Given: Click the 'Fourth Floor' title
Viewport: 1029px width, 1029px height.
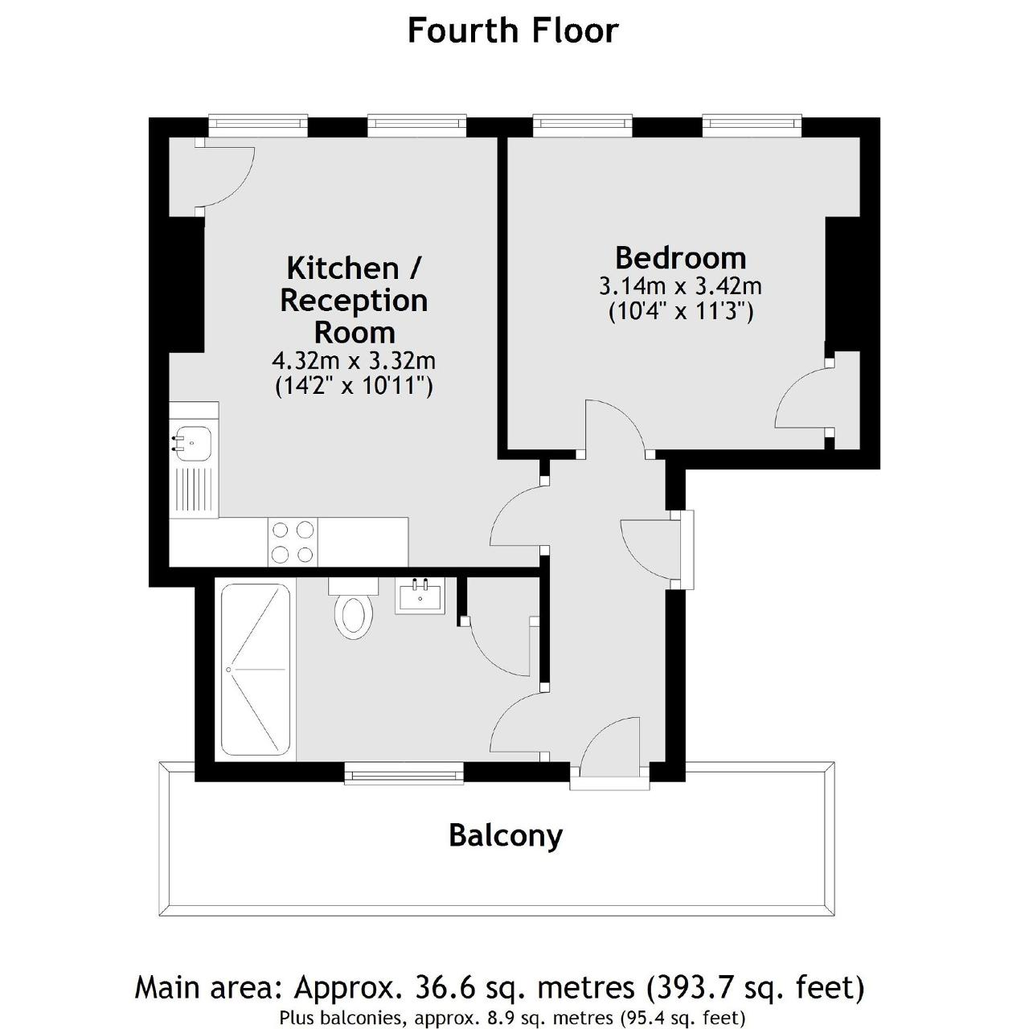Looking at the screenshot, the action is pyautogui.click(x=513, y=31).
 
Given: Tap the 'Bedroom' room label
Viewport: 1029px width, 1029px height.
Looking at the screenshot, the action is pyautogui.click(x=680, y=258).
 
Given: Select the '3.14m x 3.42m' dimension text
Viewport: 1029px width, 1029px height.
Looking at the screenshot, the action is pyautogui.click(x=680, y=287).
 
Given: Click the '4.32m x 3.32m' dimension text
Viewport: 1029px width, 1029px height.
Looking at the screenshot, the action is pyautogui.click(x=354, y=361).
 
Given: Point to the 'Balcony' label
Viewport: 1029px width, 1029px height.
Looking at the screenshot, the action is pyautogui.click(x=506, y=836).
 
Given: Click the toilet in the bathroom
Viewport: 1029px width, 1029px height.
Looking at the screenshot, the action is pyautogui.click(x=353, y=609).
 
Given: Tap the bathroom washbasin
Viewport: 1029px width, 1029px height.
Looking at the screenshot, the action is pyautogui.click(x=420, y=596).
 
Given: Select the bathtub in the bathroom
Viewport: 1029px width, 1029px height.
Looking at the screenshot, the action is pyautogui.click(x=256, y=670).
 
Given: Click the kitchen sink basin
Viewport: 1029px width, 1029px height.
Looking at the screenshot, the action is pyautogui.click(x=194, y=442).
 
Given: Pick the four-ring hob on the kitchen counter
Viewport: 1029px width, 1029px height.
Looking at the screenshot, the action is pyautogui.click(x=293, y=542).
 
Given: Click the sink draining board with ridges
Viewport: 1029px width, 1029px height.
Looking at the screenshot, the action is pyautogui.click(x=194, y=490).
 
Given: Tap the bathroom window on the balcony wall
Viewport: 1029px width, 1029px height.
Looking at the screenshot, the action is pyautogui.click(x=404, y=773).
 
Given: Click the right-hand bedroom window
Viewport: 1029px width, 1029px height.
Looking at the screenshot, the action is pyautogui.click(x=752, y=125).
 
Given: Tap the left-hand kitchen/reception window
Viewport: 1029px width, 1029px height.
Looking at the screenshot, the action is pyautogui.click(x=258, y=125).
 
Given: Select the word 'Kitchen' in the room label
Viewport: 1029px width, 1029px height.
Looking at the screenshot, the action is pyautogui.click(x=342, y=268).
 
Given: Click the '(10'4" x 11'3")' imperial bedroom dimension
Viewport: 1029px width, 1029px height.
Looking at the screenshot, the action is pyautogui.click(x=681, y=311).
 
